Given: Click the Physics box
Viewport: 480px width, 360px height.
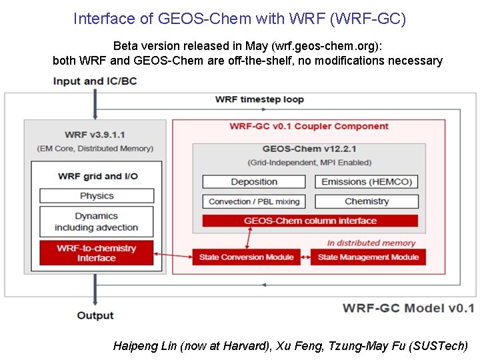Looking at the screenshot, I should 97,196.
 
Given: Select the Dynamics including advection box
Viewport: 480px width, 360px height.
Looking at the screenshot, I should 97,222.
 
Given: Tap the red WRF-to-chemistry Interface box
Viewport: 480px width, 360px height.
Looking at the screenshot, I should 97,253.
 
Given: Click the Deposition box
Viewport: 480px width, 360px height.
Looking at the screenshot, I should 254,182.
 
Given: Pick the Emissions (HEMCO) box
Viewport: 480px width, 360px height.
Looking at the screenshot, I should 367,182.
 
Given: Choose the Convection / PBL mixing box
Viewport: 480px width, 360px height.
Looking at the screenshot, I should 254,201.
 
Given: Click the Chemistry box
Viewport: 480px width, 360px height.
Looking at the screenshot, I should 367,201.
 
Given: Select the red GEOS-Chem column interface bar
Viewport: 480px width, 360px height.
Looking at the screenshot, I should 310,221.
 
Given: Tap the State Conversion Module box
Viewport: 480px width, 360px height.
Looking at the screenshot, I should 247,257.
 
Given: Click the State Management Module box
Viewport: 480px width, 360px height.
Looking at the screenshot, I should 368,257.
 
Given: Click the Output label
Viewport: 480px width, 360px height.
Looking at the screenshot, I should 95,315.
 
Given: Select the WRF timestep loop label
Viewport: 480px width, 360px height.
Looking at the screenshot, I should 259,100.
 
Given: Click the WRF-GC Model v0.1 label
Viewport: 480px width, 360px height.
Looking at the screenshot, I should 408,308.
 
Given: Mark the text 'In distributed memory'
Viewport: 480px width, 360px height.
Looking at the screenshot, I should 371,243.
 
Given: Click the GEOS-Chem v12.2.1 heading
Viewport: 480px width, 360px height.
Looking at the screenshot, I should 310,150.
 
